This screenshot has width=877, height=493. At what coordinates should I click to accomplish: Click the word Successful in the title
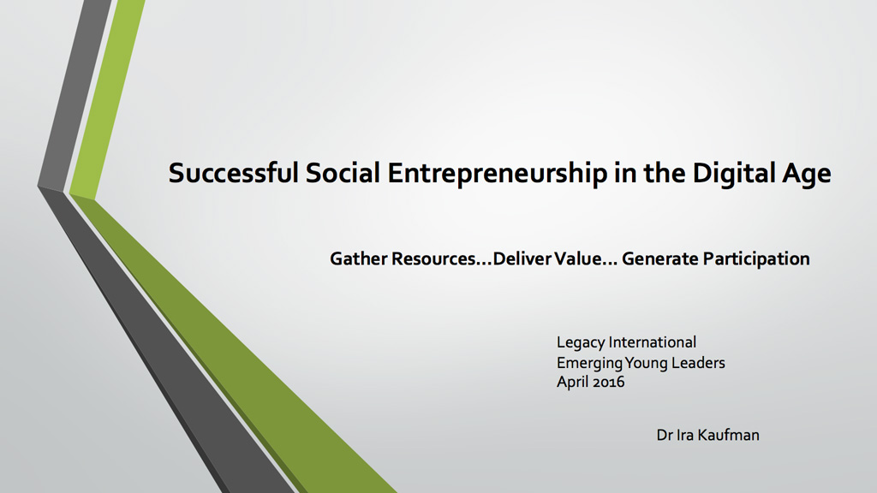coord(234,173)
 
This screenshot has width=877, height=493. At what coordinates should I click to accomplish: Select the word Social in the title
coord(343,173)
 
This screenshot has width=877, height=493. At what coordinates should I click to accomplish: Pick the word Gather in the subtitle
coord(359,258)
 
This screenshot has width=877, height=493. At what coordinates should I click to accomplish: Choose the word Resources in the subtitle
coord(433,258)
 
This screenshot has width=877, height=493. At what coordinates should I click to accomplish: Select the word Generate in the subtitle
coord(660,258)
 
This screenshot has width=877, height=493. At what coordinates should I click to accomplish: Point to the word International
coord(653,342)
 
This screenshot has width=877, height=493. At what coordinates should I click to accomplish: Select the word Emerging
coord(589,364)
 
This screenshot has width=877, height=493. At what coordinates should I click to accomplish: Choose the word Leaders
coord(698,363)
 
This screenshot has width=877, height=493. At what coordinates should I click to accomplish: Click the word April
coord(573,383)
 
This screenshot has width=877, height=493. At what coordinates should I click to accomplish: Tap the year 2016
coord(609,383)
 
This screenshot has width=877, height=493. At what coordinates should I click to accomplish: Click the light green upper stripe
coord(107,98)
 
